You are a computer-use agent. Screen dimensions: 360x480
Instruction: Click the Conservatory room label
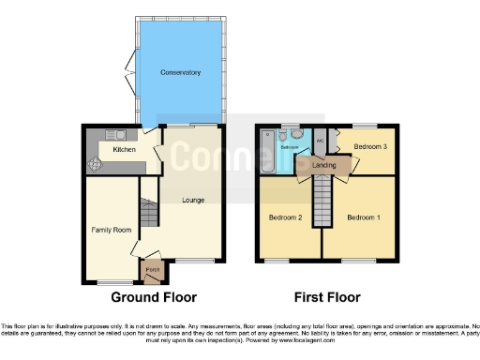(180, 72)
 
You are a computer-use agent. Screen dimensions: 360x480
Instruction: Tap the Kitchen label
(124, 150)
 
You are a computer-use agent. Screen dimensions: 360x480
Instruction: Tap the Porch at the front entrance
(150, 272)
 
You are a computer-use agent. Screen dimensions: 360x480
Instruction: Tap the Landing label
(324, 166)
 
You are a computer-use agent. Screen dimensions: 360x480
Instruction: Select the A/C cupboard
(320, 142)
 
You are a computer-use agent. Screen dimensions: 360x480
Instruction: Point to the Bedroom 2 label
(285, 217)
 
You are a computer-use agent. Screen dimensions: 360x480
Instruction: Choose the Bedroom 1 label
(364, 217)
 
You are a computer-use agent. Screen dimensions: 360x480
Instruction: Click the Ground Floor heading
(155, 297)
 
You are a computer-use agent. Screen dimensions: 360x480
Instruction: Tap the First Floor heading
(327, 297)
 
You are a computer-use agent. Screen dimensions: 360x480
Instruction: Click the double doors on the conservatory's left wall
(128, 75)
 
